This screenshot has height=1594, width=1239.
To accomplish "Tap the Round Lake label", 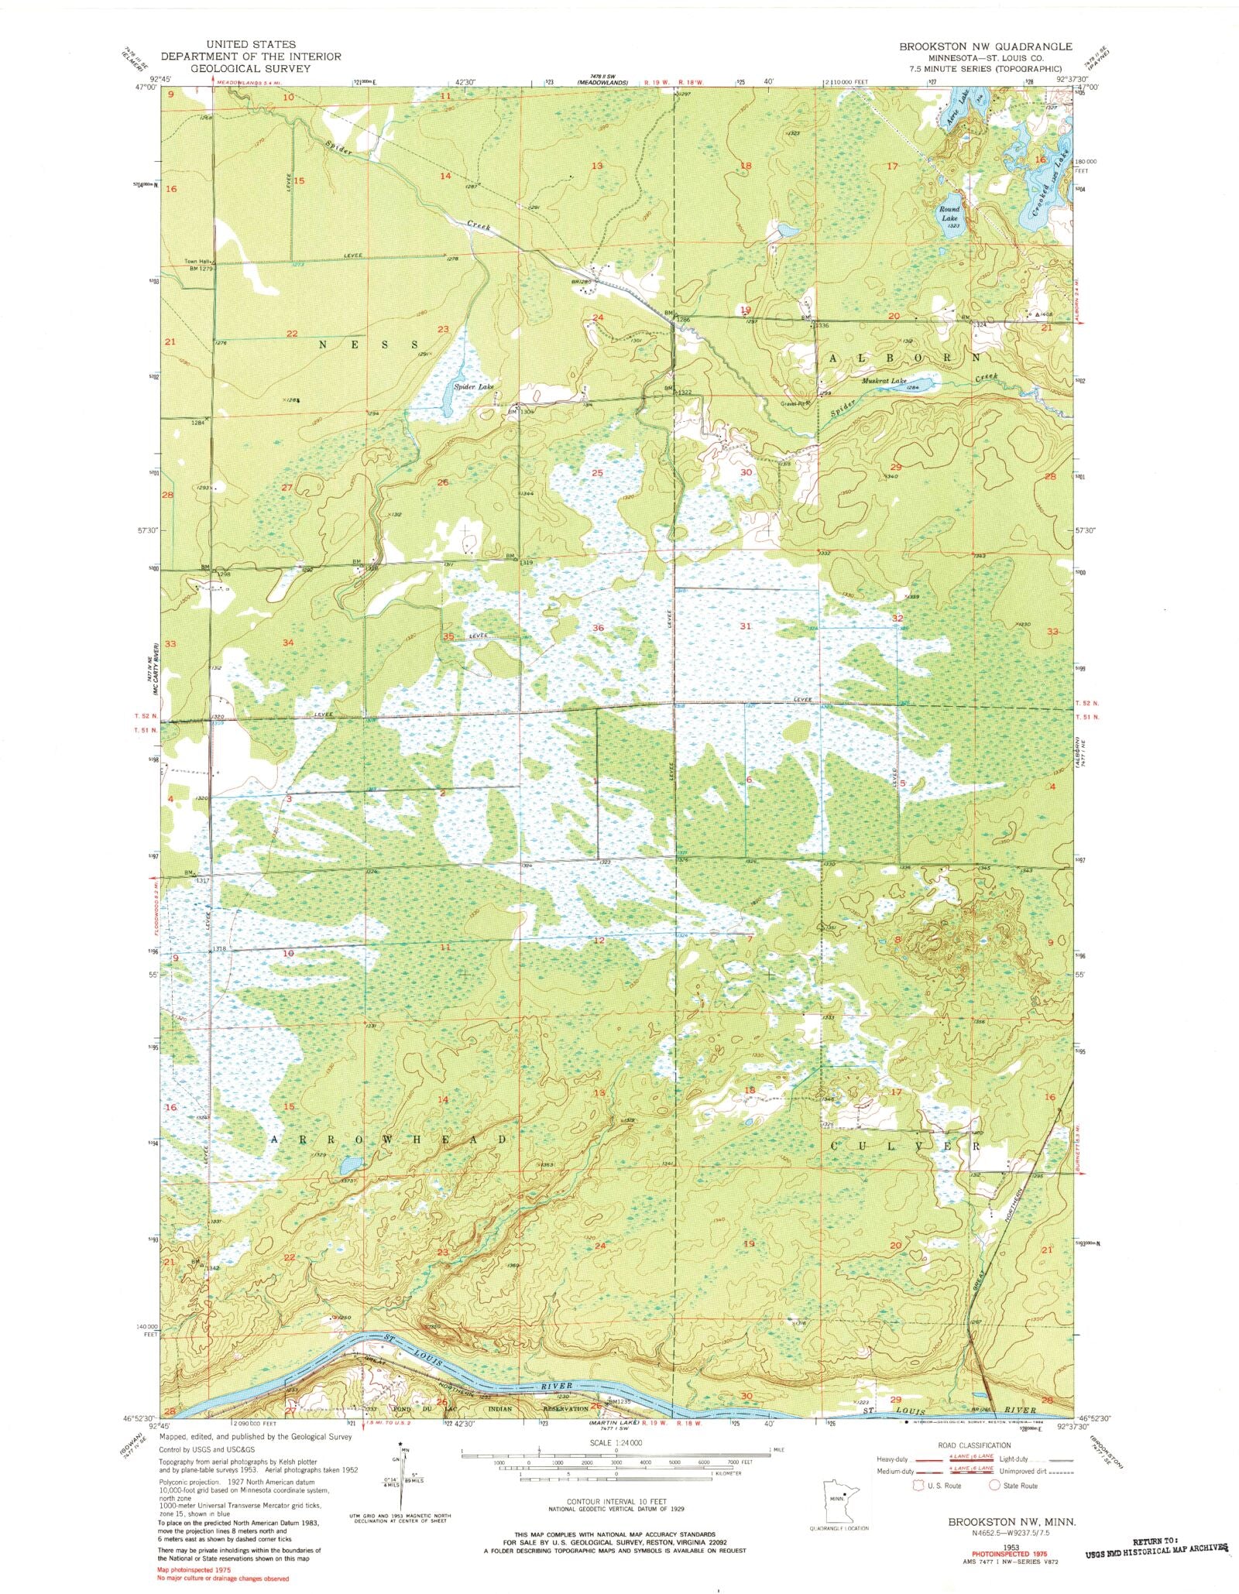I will pos(949,214).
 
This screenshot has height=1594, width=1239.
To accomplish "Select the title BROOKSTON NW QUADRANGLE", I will pos(985,46).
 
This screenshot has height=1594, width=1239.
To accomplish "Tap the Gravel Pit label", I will pos(796,403).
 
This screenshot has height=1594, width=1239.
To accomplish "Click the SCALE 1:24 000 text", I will pos(616,1443).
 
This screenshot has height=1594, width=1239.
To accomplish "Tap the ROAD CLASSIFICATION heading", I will pos(973,1445).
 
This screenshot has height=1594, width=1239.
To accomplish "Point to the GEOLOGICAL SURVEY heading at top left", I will pos(250,68).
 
